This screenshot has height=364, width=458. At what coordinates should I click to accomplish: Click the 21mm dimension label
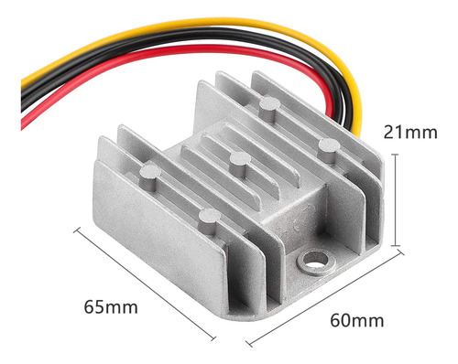click(x=410, y=133)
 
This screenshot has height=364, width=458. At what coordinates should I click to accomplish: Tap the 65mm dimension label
click(x=111, y=307)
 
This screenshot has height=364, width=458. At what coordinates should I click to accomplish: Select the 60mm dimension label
click(x=357, y=320)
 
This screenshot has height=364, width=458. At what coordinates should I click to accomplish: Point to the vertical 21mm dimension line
click(x=396, y=199)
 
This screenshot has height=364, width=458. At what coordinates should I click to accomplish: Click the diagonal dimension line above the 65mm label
click(x=145, y=283)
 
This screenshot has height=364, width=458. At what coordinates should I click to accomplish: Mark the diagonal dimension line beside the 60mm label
click(x=325, y=297)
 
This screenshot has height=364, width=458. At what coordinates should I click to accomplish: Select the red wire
click(x=171, y=54)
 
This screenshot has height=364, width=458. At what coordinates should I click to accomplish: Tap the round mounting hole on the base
click(x=316, y=262)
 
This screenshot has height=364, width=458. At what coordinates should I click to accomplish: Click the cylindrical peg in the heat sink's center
click(x=240, y=165)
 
